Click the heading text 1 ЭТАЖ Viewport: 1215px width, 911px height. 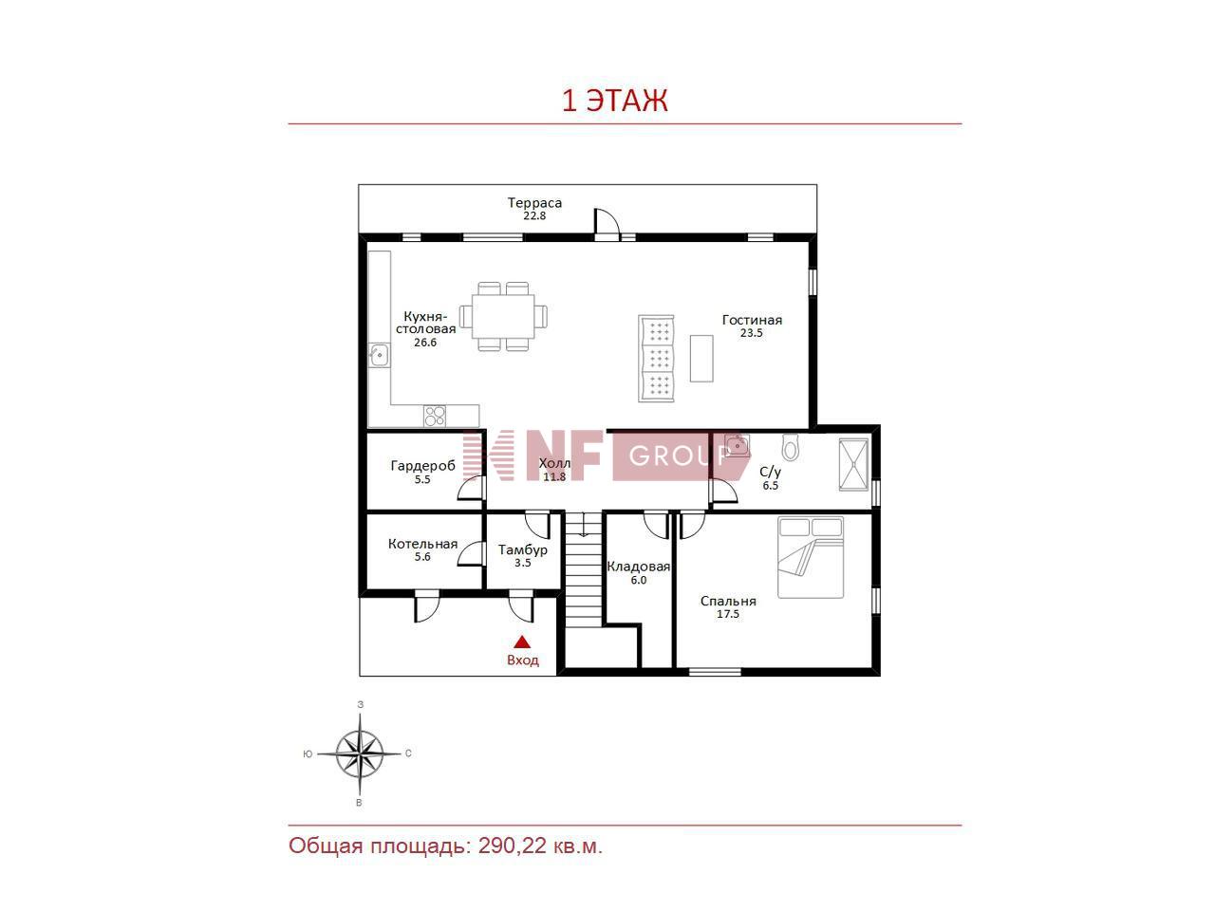point(614,101)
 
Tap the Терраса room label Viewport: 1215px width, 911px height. point(534,203)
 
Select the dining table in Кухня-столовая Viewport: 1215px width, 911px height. point(502,316)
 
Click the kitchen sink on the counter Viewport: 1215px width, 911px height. point(379,355)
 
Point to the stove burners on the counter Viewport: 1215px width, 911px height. point(435,416)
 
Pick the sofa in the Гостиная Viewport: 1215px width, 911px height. point(656,358)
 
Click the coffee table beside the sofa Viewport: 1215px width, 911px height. point(701,358)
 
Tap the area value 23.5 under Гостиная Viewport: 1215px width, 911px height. point(751,333)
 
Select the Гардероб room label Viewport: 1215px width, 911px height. point(422,466)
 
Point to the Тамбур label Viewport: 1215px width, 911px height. point(522,549)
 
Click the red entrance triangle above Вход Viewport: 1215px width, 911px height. point(522,642)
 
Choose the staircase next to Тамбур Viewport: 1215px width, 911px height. point(583,569)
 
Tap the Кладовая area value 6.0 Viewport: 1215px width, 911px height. point(638,580)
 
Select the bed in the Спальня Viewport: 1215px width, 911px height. point(811,557)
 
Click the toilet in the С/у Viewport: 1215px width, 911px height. point(790,447)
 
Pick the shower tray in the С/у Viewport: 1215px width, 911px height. point(853,465)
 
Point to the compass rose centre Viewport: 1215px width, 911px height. point(360,753)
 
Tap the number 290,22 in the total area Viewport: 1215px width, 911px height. point(513,846)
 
